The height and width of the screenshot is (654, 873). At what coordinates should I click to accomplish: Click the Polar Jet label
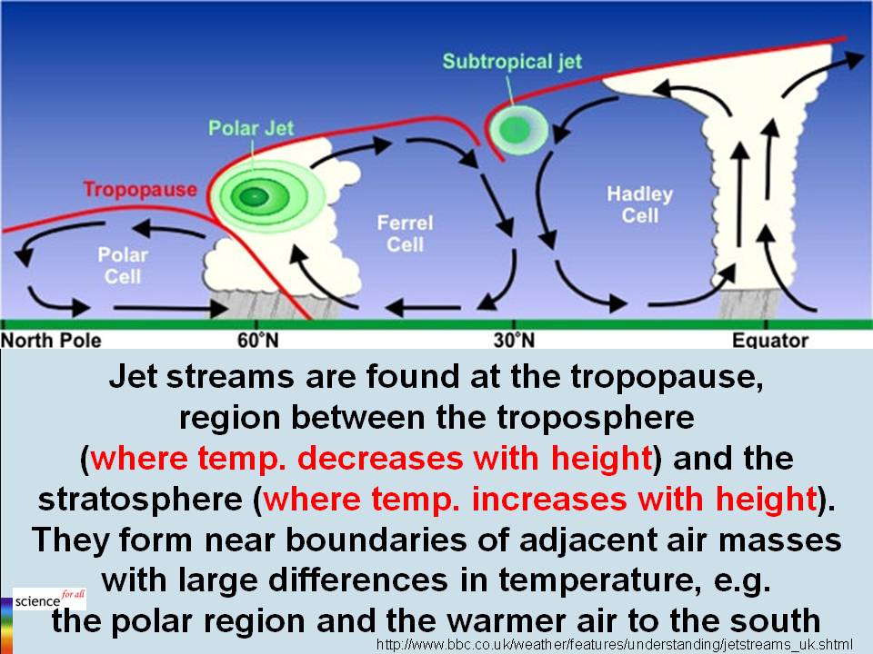251,128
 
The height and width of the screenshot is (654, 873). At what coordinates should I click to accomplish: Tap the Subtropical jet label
512,62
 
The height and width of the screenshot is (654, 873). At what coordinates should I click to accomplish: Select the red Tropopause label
140,189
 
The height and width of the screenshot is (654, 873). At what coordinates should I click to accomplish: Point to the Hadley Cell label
639,204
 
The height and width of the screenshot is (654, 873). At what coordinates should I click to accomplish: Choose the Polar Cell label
123,265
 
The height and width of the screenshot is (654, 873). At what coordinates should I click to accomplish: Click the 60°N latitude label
256,341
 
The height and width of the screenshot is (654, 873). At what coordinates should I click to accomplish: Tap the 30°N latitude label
514,341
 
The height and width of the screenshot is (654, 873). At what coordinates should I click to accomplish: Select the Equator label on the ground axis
770,341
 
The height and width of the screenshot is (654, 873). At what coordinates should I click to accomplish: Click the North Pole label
51,341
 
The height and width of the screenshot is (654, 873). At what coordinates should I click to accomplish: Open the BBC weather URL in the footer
614,643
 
